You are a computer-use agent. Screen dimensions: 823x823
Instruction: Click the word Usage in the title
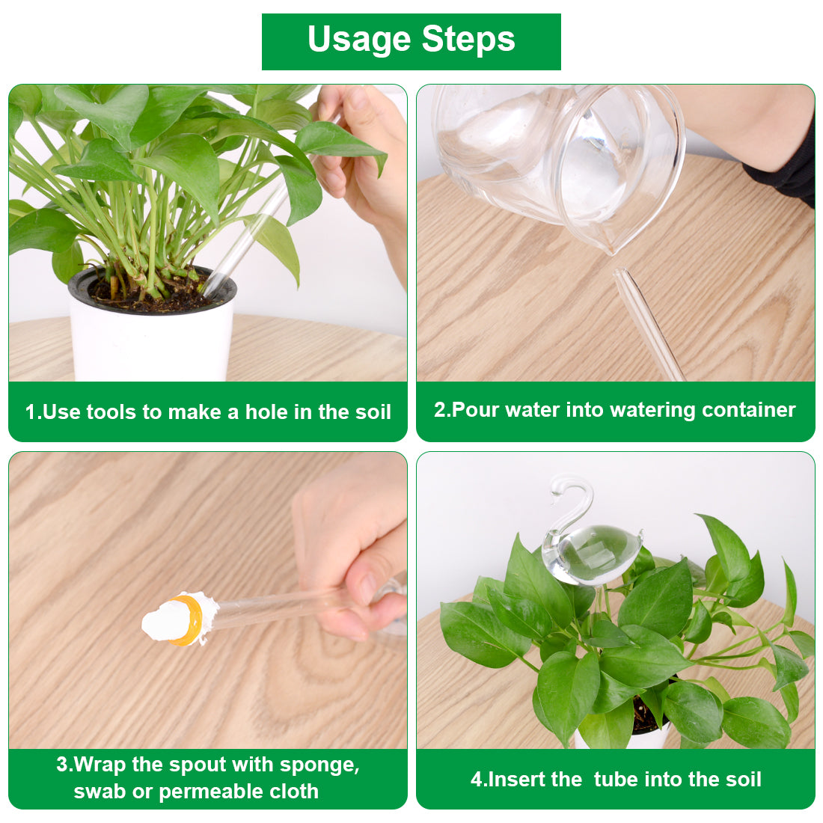coord(358,40)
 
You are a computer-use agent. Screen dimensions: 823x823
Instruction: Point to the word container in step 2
coord(748,410)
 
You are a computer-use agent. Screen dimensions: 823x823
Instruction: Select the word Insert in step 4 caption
coord(515,780)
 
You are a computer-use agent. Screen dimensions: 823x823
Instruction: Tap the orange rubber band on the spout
coord(187,619)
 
